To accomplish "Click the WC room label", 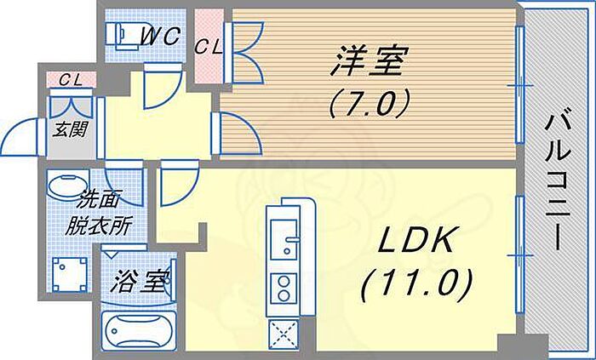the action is click(160, 37).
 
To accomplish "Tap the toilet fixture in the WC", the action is click(122, 35).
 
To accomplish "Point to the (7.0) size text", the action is click(370, 102).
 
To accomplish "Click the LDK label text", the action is click(416, 240).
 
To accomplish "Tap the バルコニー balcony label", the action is click(558, 182).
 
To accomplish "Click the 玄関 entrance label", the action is click(71, 129).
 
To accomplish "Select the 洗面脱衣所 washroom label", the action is click(98, 214).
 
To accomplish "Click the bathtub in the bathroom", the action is click(139, 329).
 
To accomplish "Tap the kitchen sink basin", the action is click(284, 239).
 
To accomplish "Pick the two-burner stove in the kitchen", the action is click(284, 289).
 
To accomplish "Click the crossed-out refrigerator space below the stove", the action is click(284, 334).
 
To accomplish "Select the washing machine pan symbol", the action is click(69, 274).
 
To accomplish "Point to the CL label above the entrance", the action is click(71, 80).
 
